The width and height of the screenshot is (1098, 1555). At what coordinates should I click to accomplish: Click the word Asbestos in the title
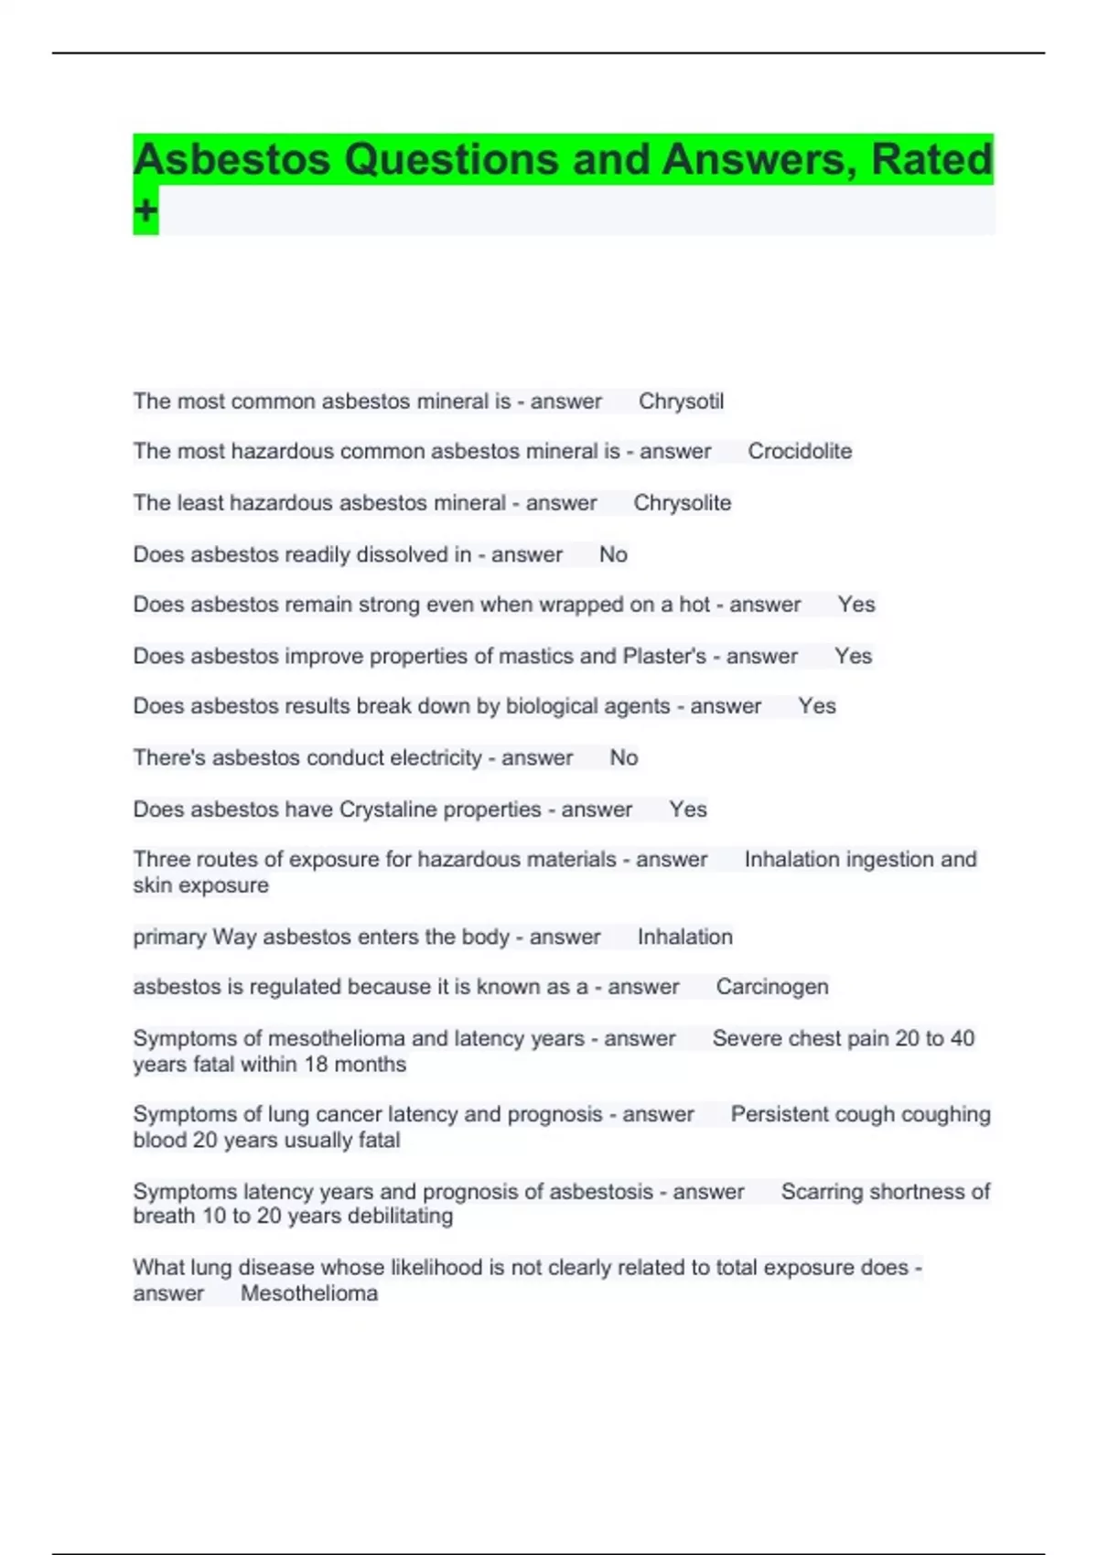(x=231, y=160)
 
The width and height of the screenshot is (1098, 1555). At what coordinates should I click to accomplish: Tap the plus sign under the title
(x=145, y=211)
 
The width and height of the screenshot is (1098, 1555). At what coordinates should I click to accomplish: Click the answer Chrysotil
(x=681, y=402)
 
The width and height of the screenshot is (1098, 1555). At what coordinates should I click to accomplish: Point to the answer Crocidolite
(x=800, y=452)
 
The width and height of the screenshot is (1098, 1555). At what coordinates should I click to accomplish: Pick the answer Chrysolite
(x=683, y=503)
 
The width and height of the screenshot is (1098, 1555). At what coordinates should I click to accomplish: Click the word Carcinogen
(x=772, y=987)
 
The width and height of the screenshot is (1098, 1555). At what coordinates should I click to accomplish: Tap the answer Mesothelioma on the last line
(x=309, y=1293)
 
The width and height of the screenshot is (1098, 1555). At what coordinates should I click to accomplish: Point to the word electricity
(x=436, y=758)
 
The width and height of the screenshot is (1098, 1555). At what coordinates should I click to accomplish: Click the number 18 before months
(x=316, y=1065)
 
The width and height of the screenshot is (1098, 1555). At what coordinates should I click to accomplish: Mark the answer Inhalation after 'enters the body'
(x=685, y=938)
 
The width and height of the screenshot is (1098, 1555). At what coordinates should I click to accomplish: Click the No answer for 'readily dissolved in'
(x=613, y=555)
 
